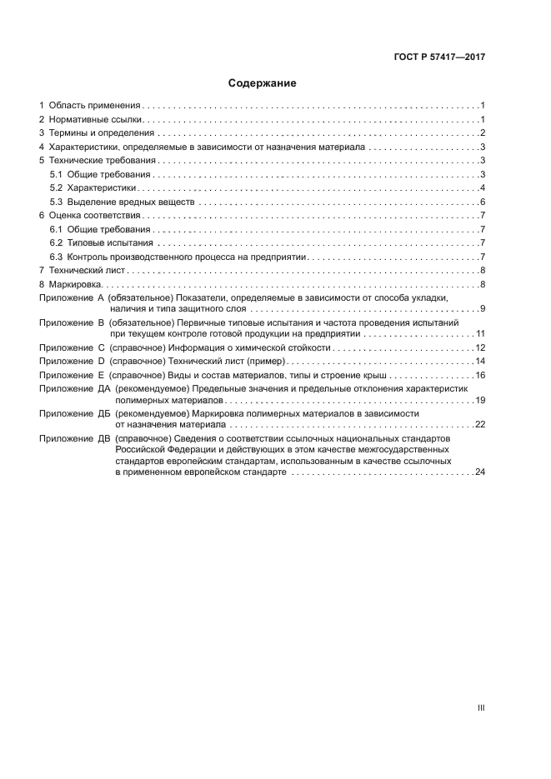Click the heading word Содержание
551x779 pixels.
(263, 83)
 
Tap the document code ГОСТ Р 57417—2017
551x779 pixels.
(440, 57)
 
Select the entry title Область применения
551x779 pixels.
(95, 106)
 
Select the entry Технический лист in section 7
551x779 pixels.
(88, 271)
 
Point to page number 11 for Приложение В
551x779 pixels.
(480, 333)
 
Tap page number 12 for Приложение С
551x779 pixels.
(480, 347)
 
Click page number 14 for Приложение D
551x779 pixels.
(480, 362)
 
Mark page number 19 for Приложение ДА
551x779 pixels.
(480, 400)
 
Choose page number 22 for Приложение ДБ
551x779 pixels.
(480, 424)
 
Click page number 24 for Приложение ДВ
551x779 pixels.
(480, 472)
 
